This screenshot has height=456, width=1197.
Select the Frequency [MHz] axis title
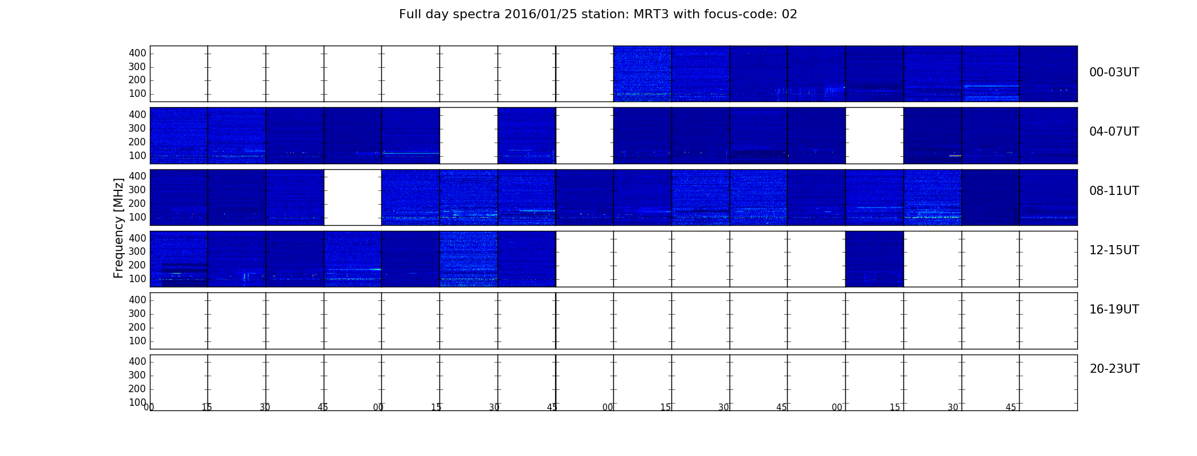(x=119, y=228)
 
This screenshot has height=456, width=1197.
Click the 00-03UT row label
(x=1114, y=72)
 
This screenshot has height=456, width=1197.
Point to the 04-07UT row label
(x=1114, y=132)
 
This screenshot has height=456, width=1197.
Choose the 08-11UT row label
(x=1114, y=191)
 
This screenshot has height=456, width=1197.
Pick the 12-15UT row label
(x=1114, y=250)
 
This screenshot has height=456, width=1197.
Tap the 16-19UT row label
(x=1114, y=310)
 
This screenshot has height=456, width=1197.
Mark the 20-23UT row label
(x=1114, y=369)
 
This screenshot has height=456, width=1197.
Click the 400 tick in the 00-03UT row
(x=137, y=53)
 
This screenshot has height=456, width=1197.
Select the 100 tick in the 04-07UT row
(x=137, y=156)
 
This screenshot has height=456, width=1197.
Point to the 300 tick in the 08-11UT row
(x=137, y=190)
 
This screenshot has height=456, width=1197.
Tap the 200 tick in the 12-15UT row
(x=137, y=265)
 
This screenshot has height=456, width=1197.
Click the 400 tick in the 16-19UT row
(x=137, y=300)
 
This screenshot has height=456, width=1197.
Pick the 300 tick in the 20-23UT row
(x=137, y=375)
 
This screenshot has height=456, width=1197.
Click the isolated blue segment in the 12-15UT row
(x=874, y=259)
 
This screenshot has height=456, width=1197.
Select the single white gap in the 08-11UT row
(x=353, y=197)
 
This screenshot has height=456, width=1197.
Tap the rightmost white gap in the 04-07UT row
(x=874, y=136)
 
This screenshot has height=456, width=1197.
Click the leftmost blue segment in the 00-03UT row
(x=642, y=74)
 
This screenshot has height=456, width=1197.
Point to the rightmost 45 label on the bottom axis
(x=1011, y=408)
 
